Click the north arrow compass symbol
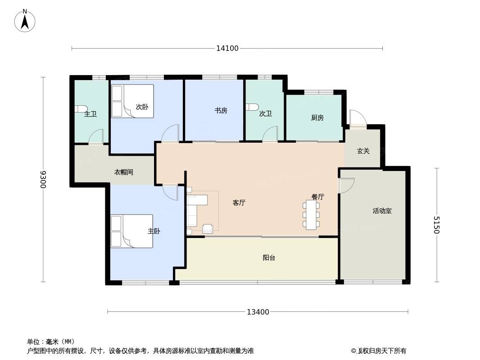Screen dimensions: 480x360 point(25,21)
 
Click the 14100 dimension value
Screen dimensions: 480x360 point(227,48)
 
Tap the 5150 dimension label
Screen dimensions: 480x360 point(436,225)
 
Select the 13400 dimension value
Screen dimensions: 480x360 point(258,312)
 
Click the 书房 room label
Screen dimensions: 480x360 point(221,110)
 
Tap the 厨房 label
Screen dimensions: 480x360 point(317,118)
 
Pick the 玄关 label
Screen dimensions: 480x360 point(363,151)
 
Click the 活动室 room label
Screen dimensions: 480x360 point(382,211)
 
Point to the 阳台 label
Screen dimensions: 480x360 point(269,258)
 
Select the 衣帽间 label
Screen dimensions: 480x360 point(124,172)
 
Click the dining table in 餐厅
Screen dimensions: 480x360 point(311,215)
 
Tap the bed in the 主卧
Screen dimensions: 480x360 point(131,231)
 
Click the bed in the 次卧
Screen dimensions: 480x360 point(132,101)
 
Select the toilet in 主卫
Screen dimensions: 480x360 point(81,109)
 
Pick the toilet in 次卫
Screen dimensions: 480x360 point(252,107)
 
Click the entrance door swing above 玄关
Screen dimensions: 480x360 point(358,118)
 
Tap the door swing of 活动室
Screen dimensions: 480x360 point(347,185)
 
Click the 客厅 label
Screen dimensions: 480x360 point(239,203)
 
